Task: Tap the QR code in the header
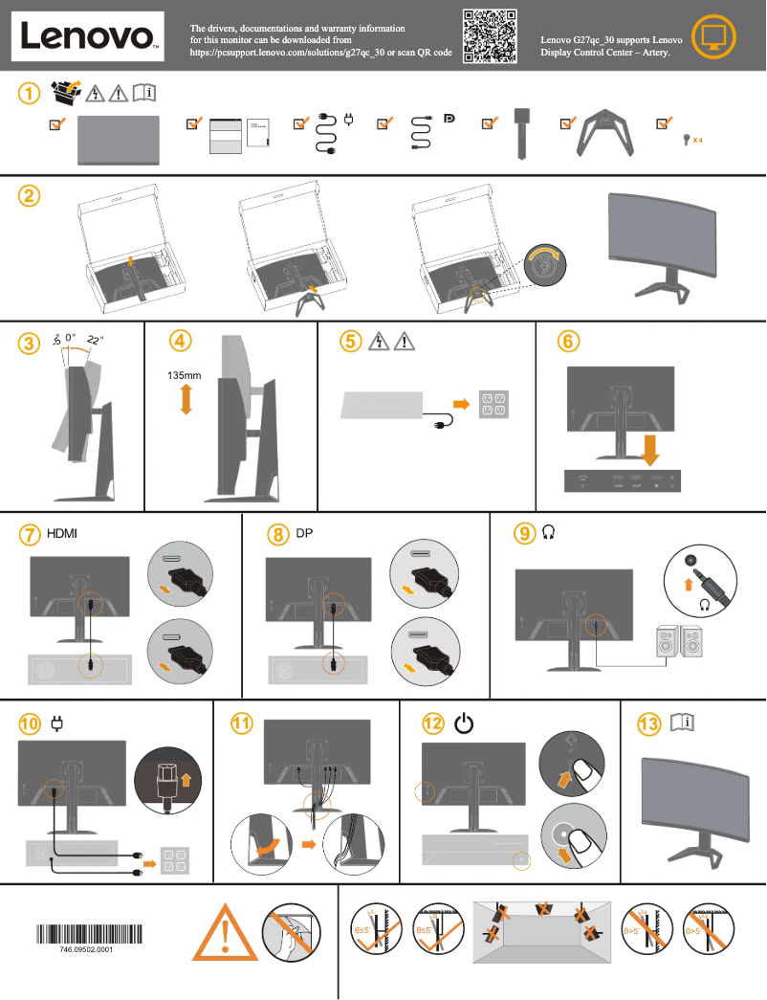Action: [x=490, y=36]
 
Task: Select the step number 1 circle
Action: [x=31, y=93]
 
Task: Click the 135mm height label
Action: [x=184, y=376]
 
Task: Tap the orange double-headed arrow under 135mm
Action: [x=186, y=400]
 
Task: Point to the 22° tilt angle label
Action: [x=95, y=340]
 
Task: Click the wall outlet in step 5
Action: [x=493, y=404]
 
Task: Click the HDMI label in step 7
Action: [x=63, y=533]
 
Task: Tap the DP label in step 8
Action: [x=304, y=533]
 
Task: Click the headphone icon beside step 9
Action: [x=548, y=533]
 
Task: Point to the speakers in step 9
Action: [x=678, y=646]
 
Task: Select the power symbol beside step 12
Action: [x=464, y=724]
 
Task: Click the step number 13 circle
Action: [x=649, y=724]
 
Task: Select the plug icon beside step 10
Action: [x=55, y=724]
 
